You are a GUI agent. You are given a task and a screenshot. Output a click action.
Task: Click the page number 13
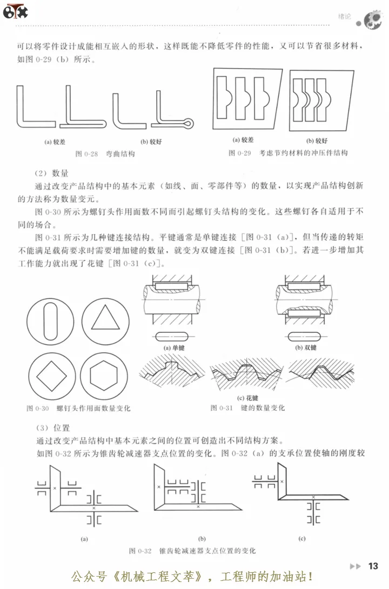click(373, 566)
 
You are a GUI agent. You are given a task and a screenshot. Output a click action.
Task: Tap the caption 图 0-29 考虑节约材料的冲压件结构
click(288, 153)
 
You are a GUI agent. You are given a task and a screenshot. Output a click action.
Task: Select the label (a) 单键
click(173, 348)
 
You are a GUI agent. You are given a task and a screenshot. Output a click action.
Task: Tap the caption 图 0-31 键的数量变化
click(247, 407)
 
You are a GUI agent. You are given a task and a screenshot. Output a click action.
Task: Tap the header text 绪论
click(344, 17)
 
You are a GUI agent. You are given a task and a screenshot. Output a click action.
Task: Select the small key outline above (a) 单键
click(173, 336)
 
